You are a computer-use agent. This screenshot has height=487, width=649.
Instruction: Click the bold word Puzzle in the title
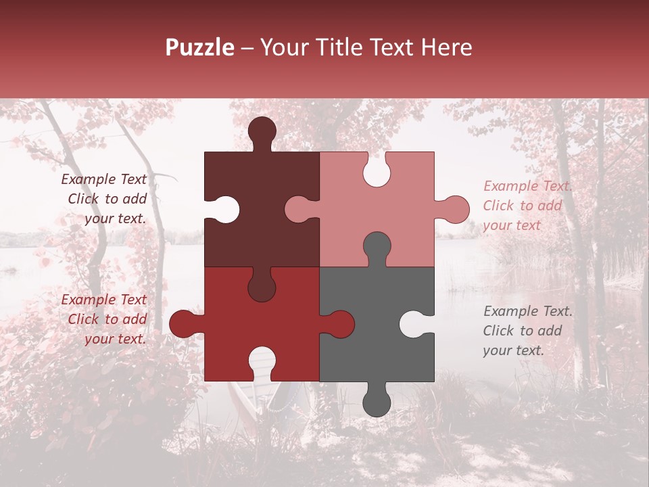click(x=199, y=47)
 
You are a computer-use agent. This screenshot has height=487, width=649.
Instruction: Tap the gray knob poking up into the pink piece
click(x=377, y=247)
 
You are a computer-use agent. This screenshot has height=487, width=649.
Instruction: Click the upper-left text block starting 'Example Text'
click(x=105, y=199)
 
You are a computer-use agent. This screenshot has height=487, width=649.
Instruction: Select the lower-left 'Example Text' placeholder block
click(x=105, y=319)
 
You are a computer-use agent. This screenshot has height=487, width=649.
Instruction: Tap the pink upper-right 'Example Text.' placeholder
click(x=527, y=206)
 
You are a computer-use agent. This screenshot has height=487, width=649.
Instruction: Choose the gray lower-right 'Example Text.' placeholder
click(x=527, y=331)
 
